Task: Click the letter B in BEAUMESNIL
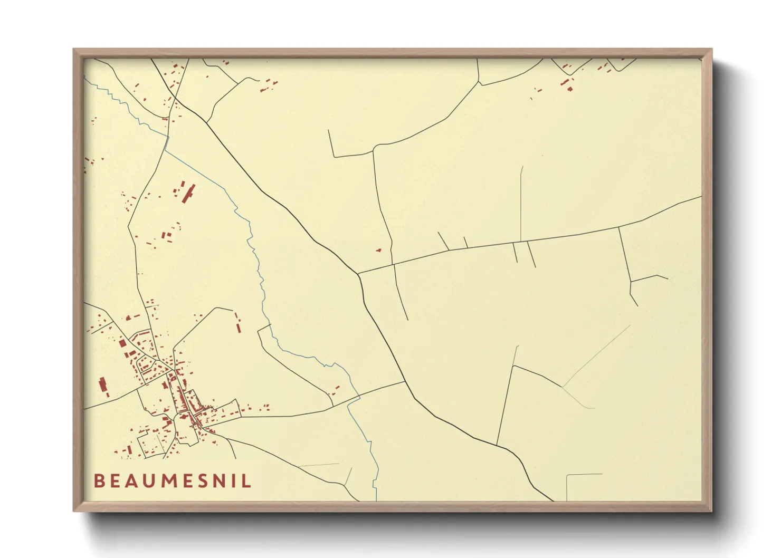pyautogui.click(x=99, y=480)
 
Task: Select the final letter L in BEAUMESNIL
pyautogui.click(x=247, y=480)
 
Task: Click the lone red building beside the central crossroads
pyautogui.click(x=378, y=249)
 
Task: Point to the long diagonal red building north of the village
pyautogui.click(x=188, y=193)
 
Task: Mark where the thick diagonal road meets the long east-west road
pyautogui.click(x=358, y=273)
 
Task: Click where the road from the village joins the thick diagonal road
pyautogui.click(x=405, y=382)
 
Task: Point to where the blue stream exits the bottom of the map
pyautogui.click(x=376, y=498)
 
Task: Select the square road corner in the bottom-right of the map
pyautogui.click(x=567, y=475)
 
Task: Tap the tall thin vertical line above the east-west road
pyautogui.click(x=521, y=203)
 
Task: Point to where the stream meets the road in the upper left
pyautogui.click(x=168, y=137)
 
